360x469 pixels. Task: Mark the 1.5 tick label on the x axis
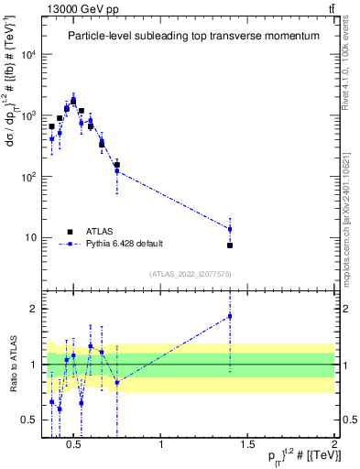point(248,445)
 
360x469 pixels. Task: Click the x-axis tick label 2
point(334,445)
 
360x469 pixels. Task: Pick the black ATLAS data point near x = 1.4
point(230,245)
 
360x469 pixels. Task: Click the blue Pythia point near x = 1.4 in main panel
point(230,229)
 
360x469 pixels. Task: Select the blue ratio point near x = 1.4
point(230,316)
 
